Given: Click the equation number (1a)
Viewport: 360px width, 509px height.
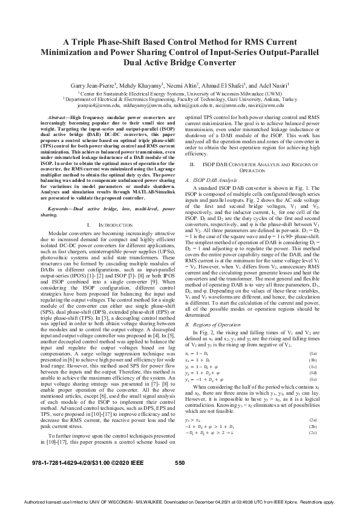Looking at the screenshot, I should point(312,352).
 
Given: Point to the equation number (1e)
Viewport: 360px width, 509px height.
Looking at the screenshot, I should point(312,377).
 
